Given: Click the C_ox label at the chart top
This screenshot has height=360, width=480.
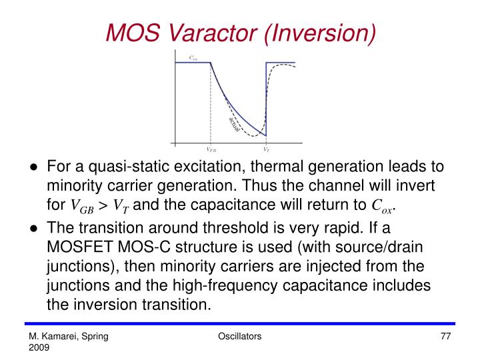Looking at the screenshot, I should (x=193, y=58).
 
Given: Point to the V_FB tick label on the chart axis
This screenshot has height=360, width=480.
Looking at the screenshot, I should (x=211, y=149).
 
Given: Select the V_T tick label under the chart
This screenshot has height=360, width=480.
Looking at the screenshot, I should (x=266, y=149).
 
